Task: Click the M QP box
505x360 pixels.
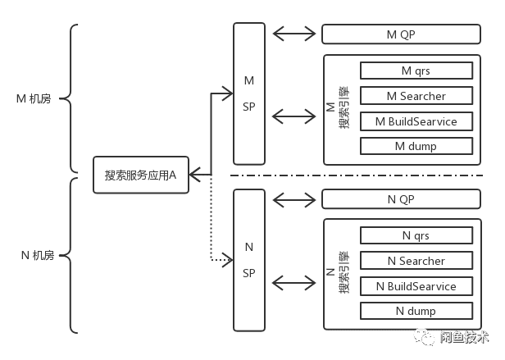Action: [x=401, y=34]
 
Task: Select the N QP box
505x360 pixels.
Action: [x=401, y=199]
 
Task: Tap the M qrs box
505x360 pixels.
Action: [x=416, y=71]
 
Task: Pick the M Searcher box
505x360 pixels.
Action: [x=416, y=96]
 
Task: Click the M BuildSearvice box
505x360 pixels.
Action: [x=416, y=121]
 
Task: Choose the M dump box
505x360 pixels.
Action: [x=416, y=146]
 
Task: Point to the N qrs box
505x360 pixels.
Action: [x=416, y=235]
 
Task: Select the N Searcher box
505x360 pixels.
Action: [x=416, y=261]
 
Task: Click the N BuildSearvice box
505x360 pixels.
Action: [x=416, y=286]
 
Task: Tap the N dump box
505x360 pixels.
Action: [x=416, y=311]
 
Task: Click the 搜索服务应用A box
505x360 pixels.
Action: [x=141, y=175]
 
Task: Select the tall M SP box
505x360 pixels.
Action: [x=249, y=93]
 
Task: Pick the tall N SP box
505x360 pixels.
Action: [x=249, y=259]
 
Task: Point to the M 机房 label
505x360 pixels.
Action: [x=34, y=99]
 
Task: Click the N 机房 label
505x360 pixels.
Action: [x=34, y=256]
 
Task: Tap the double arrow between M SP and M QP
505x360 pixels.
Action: [x=294, y=34]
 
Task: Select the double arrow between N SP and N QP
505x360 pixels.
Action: [x=294, y=198]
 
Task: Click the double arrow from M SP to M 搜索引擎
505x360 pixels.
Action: [x=294, y=116]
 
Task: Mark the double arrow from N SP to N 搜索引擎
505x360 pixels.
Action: [x=294, y=282]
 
